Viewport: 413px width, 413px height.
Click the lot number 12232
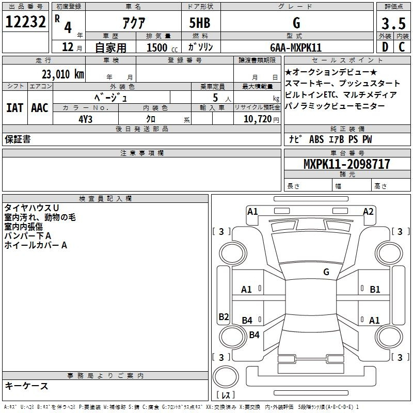pyautogui.click(x=25, y=22)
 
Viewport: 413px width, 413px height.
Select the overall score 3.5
pyautogui.click(x=393, y=23)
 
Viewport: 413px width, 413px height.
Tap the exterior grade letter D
pyautogui.click(x=385, y=47)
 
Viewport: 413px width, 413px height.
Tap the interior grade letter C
pyautogui.click(x=402, y=47)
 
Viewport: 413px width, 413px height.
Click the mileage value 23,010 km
pyautogui.click(x=62, y=74)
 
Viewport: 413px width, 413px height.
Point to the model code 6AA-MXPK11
pyautogui.click(x=296, y=47)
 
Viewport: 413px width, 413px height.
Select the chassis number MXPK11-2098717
pyautogui.click(x=346, y=164)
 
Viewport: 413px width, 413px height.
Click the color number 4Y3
pyautogui.click(x=85, y=119)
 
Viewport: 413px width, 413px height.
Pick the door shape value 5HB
pyautogui.click(x=200, y=23)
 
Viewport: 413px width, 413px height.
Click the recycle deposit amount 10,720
pyautogui.click(x=258, y=119)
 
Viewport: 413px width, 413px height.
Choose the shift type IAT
pyautogui.click(x=15, y=108)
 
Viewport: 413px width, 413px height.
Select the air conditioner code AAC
pyautogui.click(x=40, y=108)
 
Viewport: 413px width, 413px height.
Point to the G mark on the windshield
pyautogui.click(x=326, y=272)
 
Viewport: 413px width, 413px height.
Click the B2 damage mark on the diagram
pyautogui.click(x=224, y=316)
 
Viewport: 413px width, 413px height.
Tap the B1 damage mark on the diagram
pyautogui.click(x=375, y=290)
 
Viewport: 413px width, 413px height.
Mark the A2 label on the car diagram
pyautogui.click(x=368, y=212)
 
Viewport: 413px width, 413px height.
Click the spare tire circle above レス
pyautogui.click(x=226, y=376)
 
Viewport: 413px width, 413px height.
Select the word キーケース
pyautogui.click(x=27, y=386)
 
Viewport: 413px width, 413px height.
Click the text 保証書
pyautogui.click(x=18, y=139)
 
